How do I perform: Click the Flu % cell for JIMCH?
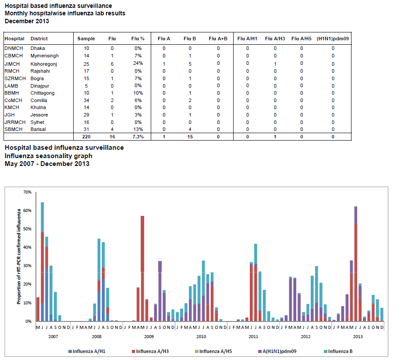[x=138, y=64]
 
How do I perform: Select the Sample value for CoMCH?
[x=86, y=100]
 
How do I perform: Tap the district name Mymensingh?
[x=44, y=56]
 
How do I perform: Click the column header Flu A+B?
[x=218, y=39]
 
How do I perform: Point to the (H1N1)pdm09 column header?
[x=333, y=39]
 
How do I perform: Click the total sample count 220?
[x=86, y=137]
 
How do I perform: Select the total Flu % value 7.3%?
[x=138, y=137]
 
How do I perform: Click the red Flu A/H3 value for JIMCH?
[x=275, y=64]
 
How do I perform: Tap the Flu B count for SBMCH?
[x=190, y=130]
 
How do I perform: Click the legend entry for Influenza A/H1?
[x=89, y=351]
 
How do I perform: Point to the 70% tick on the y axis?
[x=28, y=192]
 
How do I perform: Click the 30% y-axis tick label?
[x=28, y=266]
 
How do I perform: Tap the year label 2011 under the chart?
[x=253, y=336]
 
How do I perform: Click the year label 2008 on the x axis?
[x=96, y=336]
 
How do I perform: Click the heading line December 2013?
[x=27, y=21]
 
